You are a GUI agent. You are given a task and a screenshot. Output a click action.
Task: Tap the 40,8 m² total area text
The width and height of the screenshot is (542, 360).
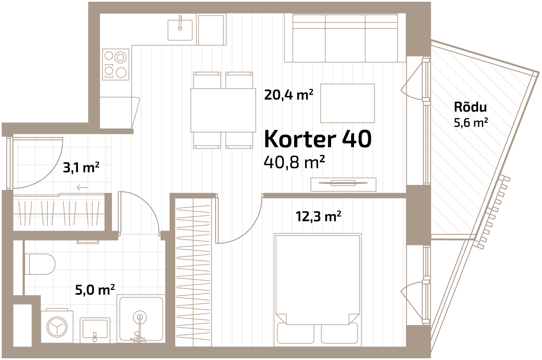(294, 162)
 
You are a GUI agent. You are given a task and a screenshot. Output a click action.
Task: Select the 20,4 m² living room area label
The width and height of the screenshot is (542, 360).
(288, 95)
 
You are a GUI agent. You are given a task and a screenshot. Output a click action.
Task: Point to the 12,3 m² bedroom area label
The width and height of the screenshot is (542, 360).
(318, 216)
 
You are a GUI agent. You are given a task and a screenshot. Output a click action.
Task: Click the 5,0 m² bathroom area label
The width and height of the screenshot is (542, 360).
(95, 290)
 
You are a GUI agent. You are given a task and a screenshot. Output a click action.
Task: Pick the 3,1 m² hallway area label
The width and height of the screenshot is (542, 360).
(81, 167)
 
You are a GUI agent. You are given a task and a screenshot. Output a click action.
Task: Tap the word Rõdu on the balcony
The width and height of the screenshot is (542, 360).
(470, 107)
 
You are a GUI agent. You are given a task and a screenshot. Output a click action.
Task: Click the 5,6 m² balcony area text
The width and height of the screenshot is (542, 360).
(470, 123)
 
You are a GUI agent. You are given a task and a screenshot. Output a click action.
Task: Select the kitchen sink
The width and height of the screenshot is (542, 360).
(180, 30)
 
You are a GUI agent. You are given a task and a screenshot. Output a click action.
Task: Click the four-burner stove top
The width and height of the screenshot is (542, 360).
(115, 64)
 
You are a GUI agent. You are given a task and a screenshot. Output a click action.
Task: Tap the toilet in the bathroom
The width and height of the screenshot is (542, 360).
(42, 264)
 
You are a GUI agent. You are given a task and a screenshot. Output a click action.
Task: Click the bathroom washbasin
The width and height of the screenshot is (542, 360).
(95, 329)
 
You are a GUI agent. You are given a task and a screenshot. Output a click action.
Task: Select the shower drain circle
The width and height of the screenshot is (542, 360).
(140, 317)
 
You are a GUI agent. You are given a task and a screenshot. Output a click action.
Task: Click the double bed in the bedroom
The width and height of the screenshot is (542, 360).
(318, 289)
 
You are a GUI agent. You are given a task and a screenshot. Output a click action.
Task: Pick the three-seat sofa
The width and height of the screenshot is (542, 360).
(345, 38)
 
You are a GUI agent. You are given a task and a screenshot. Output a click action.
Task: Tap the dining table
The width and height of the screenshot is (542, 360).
(223, 110)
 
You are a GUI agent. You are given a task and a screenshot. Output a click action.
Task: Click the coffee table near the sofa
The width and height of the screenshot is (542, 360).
(347, 103)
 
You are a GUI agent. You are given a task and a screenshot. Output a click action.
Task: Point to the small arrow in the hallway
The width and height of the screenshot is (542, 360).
(82, 187)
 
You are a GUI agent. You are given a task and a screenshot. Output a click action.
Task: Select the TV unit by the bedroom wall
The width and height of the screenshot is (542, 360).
(343, 184)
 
